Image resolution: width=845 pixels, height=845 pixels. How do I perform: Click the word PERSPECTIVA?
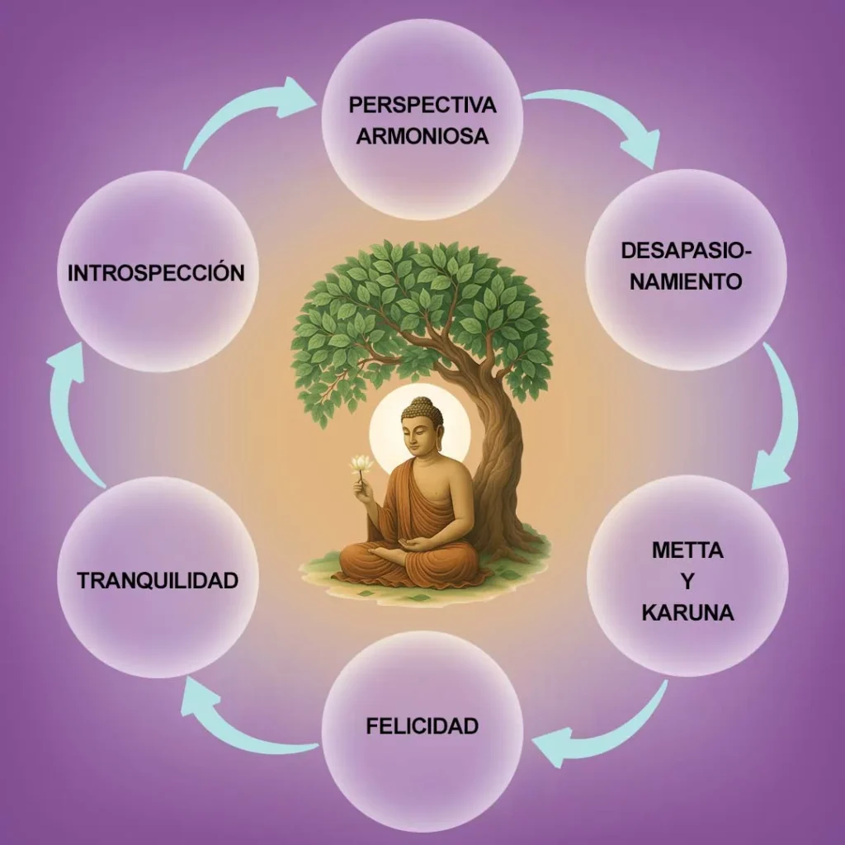(422, 105)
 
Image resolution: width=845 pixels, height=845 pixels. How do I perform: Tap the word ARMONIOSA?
(422, 136)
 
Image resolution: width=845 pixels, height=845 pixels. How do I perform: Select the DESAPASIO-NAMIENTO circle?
(686, 266)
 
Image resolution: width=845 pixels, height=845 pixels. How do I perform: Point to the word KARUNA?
(687, 614)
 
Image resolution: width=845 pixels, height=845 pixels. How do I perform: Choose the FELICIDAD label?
(422, 726)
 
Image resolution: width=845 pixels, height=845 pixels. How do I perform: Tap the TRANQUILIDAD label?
(158, 580)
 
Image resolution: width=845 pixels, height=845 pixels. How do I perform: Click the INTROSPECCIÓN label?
(156, 273)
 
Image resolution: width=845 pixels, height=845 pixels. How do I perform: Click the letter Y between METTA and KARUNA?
(687, 582)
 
